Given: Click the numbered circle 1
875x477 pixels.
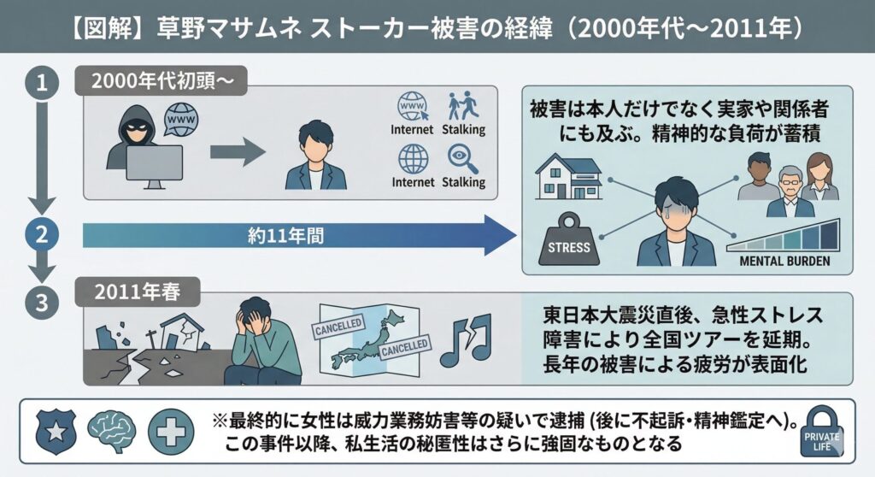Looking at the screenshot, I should pyautogui.click(x=39, y=84).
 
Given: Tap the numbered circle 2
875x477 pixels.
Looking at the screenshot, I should pyautogui.click(x=39, y=234).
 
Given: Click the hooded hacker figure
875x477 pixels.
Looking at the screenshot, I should pyautogui.click(x=137, y=138).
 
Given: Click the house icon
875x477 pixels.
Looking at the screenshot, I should pyautogui.click(x=567, y=178).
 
